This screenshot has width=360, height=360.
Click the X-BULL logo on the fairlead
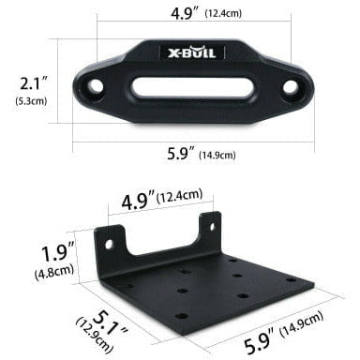pos(192,52)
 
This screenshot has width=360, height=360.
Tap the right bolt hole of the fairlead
pos(291,86)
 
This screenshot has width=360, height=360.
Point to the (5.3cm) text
pos(31,101)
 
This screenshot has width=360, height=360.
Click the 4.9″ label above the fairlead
pos(186,13)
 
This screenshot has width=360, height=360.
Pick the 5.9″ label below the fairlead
pos(181,154)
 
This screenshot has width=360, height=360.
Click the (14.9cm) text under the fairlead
pos(217,155)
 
